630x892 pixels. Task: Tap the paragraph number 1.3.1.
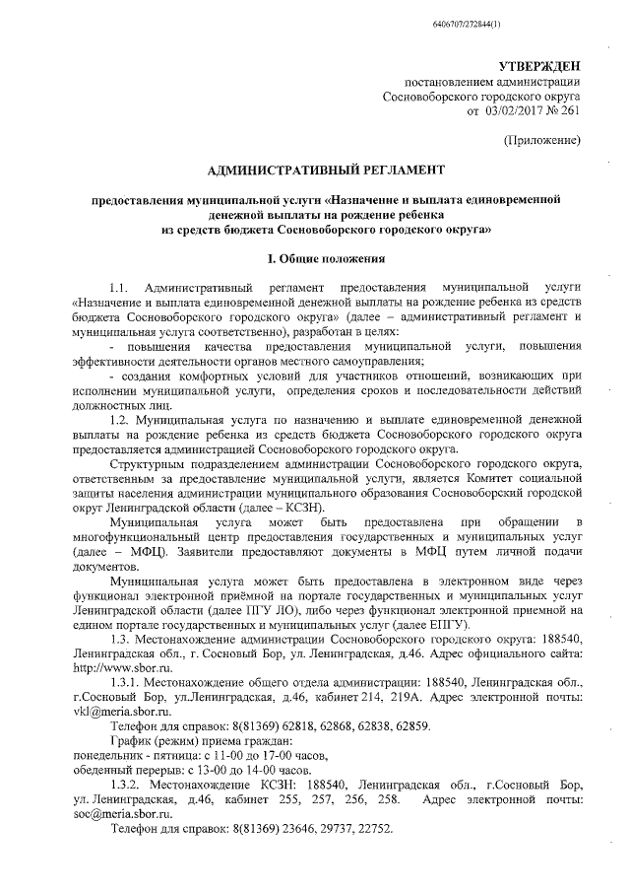coord(127,681)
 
